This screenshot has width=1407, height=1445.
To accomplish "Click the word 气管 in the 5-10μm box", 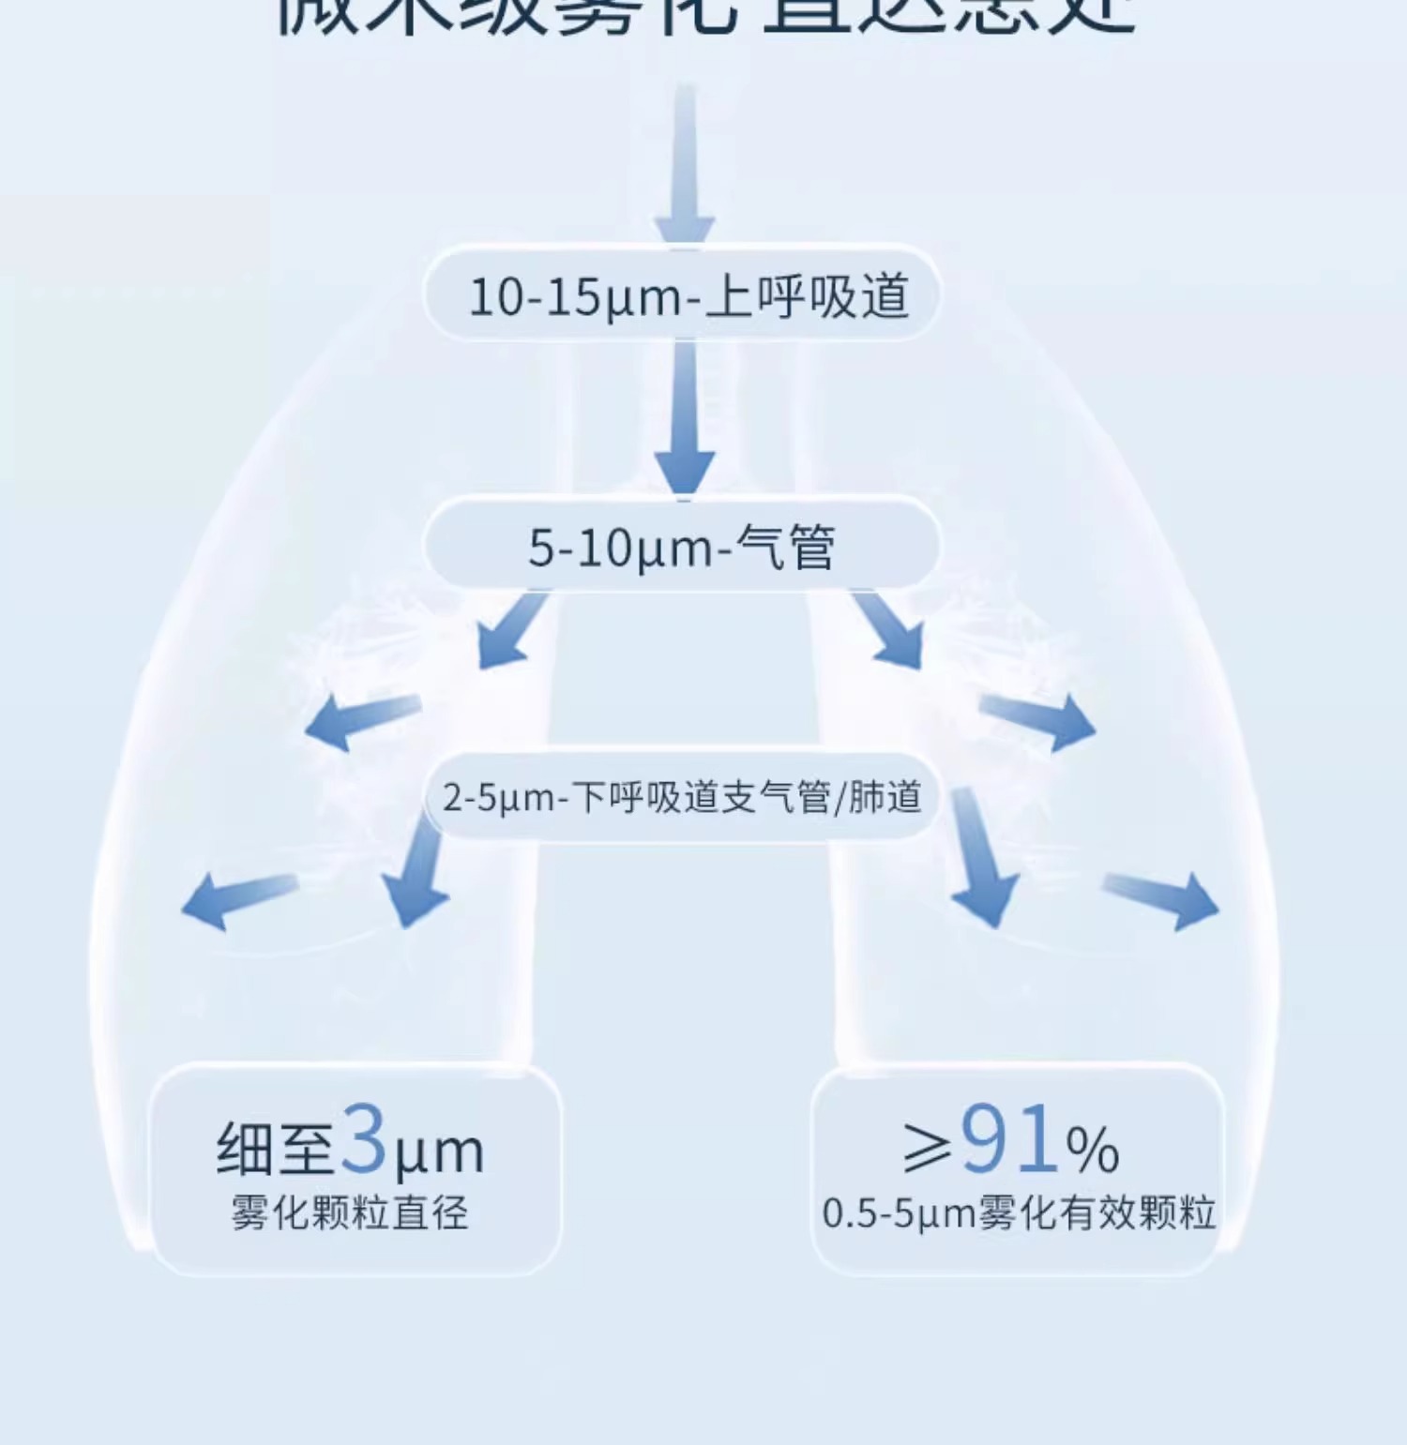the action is [786, 548].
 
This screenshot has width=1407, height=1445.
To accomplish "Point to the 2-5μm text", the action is [498, 798].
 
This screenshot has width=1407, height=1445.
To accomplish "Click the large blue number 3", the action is [364, 1139].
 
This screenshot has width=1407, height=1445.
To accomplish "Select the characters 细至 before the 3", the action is [274, 1150].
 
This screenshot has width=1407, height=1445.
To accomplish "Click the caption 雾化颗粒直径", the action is [350, 1212].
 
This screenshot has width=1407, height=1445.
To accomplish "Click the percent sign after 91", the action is [1093, 1150].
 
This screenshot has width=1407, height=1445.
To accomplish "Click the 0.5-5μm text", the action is [899, 1213].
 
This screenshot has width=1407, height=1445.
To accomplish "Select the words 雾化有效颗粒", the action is [1097, 1213].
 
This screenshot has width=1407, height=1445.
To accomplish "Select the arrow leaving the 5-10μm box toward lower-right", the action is [890, 630].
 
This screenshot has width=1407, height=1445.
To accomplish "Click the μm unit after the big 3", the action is [439, 1153].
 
